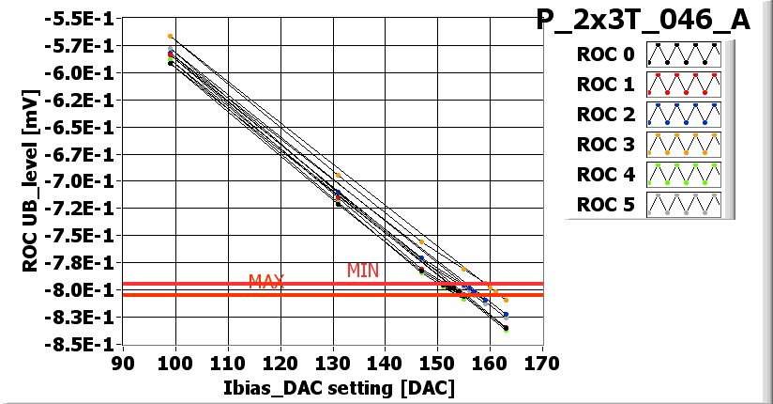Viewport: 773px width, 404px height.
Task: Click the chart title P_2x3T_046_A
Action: [x=644, y=20]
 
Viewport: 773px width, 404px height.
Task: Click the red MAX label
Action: [x=266, y=282]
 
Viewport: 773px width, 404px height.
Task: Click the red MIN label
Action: [x=363, y=271]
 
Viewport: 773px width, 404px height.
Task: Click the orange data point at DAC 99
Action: [x=170, y=37]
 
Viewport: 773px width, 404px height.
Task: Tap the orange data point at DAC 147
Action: [x=421, y=241]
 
